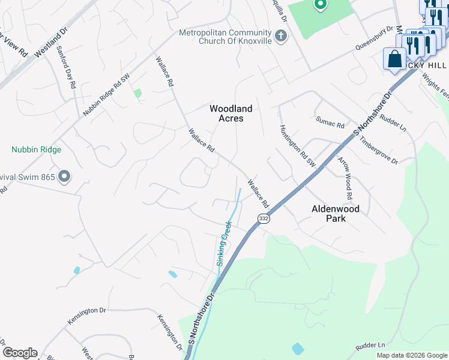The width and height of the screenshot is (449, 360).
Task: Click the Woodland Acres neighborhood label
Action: (231, 113)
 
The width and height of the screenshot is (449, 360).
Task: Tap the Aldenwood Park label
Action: (337, 214)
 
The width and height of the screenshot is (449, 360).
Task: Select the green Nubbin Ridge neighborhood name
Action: (36, 149)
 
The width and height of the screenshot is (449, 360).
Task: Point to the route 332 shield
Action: (264, 219)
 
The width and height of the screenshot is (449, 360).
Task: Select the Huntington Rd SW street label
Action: (298, 146)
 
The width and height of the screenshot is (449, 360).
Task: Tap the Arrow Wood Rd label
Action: (345, 179)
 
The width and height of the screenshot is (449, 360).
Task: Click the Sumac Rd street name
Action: (330, 122)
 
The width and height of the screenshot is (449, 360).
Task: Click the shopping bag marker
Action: (394, 59)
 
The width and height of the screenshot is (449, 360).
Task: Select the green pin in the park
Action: (320, 5)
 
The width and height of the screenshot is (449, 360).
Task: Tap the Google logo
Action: (20, 353)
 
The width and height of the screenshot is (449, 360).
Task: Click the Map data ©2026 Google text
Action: (412, 355)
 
